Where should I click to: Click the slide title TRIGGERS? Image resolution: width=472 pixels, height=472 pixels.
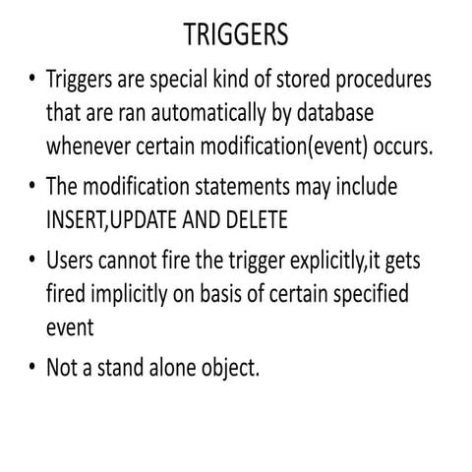coord(236,34)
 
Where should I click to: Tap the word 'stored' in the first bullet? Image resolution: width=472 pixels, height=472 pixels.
coord(303,79)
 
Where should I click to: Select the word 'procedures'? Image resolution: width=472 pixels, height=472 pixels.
coord(383,81)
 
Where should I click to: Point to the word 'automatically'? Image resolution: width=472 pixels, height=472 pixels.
coord(208,114)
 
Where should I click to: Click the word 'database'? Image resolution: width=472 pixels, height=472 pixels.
coord(335,112)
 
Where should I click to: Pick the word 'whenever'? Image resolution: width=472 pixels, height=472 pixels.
coord(88,146)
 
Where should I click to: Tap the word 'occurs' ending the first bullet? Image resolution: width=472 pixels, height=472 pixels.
coord(400,147)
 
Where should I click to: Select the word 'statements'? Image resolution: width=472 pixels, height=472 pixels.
coord(242,187)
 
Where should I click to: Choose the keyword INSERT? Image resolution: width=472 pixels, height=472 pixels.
coord(76,219)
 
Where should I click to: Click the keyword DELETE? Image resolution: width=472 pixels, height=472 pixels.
coord(257,219)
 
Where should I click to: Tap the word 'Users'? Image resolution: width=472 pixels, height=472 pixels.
coord(70,261)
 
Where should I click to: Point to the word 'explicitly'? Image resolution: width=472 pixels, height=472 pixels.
coord(327,262)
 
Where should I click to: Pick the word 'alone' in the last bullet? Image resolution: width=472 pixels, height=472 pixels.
coord(172,368)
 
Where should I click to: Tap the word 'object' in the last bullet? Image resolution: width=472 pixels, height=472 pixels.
coord(228,369)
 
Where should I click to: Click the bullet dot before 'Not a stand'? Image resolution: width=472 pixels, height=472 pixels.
coord(31,365)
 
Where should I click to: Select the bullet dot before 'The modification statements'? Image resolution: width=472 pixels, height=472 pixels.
coord(31,185)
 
